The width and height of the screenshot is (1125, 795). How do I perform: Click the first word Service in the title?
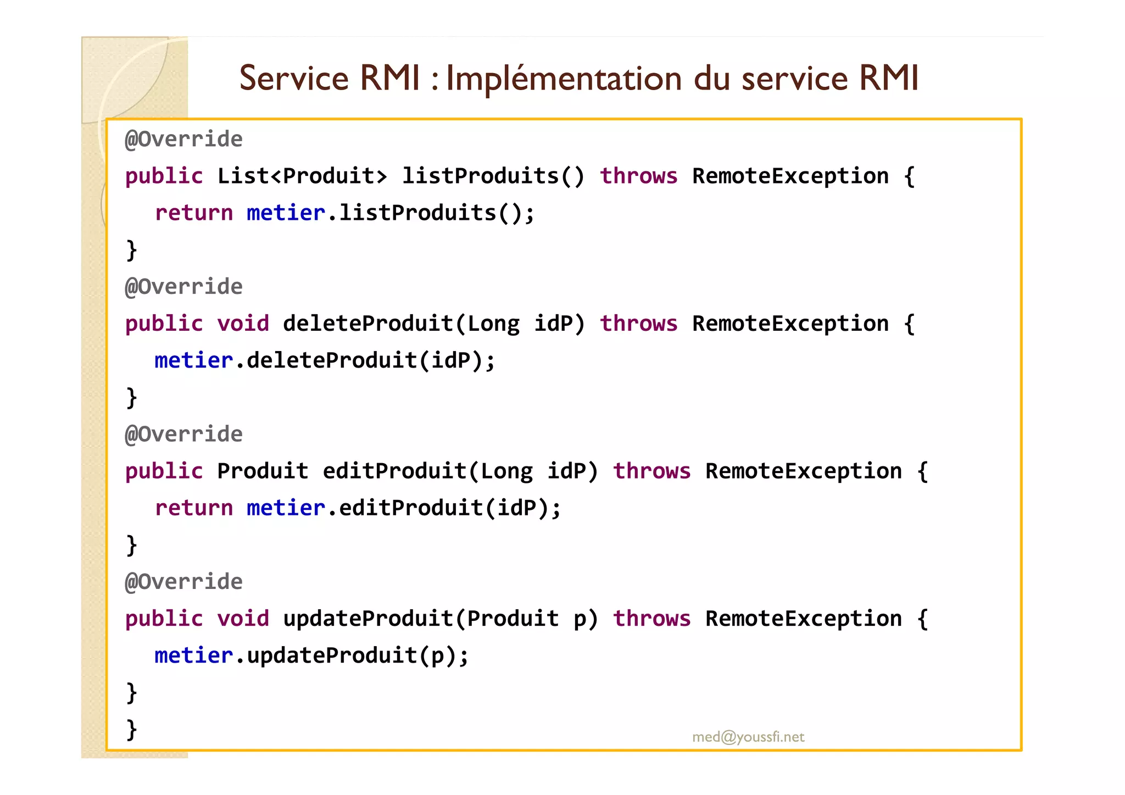(294, 78)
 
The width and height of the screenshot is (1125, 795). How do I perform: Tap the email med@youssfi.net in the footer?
(748, 737)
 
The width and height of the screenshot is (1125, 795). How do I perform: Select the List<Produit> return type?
(302, 176)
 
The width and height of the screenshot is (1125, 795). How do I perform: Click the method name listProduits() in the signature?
(493, 176)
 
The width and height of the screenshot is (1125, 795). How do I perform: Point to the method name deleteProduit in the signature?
(368, 324)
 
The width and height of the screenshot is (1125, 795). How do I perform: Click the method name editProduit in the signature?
(394, 471)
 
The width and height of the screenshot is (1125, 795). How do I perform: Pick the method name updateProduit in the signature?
(368, 619)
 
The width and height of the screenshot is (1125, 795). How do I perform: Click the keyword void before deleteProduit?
(243, 324)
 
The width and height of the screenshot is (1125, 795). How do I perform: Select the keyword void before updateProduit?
(243, 619)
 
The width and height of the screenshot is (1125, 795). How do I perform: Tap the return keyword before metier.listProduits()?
(194, 213)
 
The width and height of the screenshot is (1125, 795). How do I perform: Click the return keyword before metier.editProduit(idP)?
(194, 508)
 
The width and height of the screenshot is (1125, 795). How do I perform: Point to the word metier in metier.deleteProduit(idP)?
(194, 360)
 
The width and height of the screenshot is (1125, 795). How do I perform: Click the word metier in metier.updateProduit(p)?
(194, 655)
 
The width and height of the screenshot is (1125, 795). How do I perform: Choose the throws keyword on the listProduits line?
(638, 176)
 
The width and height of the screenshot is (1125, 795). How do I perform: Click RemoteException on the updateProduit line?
(803, 619)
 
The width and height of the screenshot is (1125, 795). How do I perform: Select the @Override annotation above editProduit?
(183, 435)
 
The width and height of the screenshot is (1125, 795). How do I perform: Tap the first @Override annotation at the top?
(183, 140)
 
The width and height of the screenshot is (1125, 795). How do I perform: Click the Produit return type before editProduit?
(263, 471)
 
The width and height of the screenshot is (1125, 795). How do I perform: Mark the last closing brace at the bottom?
(131, 730)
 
